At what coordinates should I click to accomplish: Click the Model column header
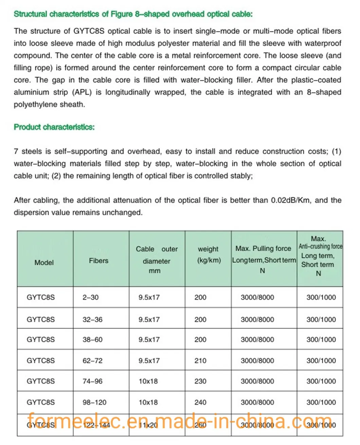pos(44,262)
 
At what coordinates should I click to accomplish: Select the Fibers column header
pos(98,261)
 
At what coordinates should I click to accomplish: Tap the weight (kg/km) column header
pos(209,255)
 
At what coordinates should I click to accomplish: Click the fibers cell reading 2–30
pos(90,297)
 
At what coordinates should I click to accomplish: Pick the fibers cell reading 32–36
pos(92,320)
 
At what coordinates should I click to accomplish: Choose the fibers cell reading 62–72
pos(92,361)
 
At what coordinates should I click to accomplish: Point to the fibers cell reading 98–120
pos(94,402)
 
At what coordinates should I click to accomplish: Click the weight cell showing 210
pos(200,361)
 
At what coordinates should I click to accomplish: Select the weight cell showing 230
pos(200,381)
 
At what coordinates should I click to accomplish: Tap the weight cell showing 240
pos(200,402)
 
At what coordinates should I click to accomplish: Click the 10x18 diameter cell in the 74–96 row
pos(148,381)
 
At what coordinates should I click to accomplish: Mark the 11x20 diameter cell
pos(148,425)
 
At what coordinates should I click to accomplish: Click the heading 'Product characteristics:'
pos(54,127)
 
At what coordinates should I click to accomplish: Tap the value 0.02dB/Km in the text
pos(290,200)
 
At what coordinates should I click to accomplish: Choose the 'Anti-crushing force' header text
pos(320,246)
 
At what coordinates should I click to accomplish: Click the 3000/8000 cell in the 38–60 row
pos(257,340)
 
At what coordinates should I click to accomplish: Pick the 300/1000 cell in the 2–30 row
pos(321,297)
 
